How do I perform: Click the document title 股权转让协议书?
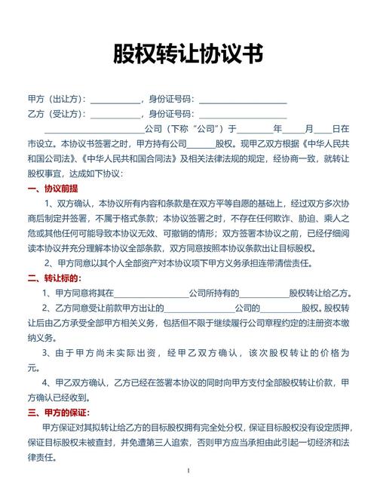[188, 54]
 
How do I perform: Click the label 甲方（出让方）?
[57, 99]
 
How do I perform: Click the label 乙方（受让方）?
[57, 114]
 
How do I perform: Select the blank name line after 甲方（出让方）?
[115, 100]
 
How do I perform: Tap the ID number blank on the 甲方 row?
[242, 100]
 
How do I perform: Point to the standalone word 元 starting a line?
[31, 367]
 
